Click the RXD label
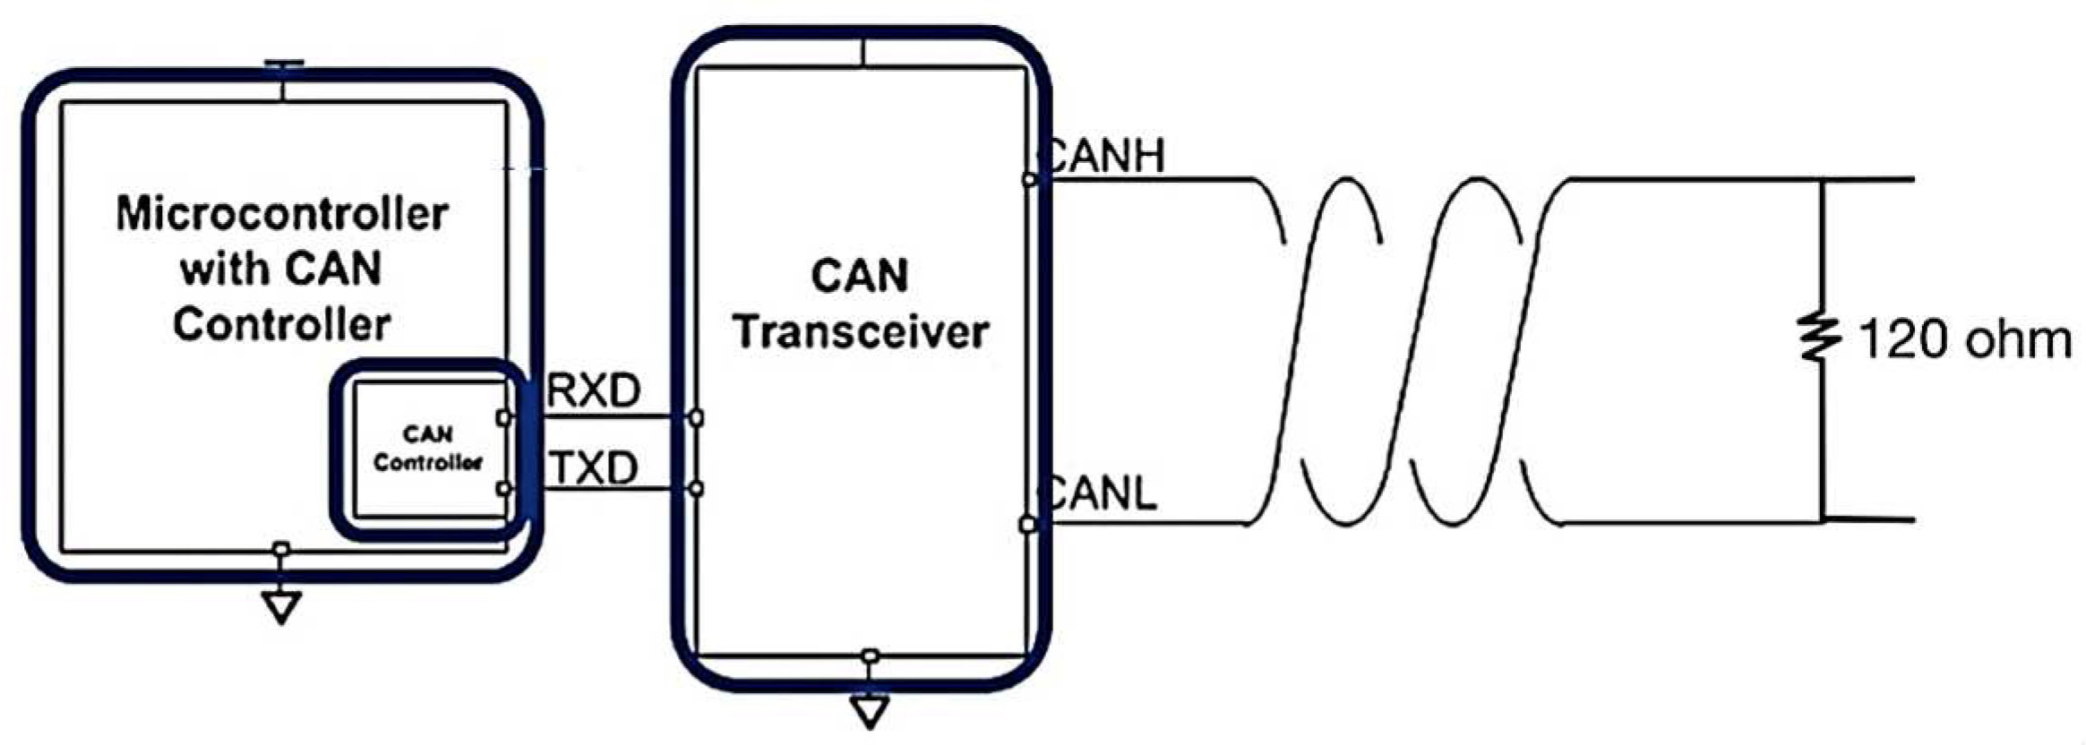594,391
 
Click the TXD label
594,467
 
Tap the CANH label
1105,156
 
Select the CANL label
1101,493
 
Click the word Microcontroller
282,214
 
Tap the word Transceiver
861,332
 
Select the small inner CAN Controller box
428,449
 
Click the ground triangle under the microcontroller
281,608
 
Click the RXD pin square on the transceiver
696,417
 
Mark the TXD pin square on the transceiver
696,488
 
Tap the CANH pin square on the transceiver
1029,180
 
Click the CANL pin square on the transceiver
1028,524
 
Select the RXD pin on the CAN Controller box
503,417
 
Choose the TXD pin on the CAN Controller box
503,488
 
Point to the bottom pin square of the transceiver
870,656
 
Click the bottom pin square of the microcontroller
281,549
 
